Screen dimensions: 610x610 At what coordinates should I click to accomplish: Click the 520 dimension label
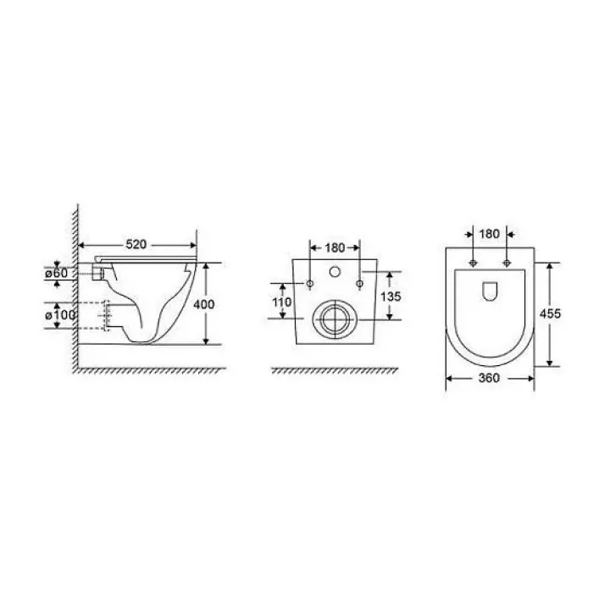(x=136, y=244)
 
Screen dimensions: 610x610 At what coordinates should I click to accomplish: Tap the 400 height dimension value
(x=204, y=304)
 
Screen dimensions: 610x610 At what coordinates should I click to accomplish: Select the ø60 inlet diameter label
(x=57, y=273)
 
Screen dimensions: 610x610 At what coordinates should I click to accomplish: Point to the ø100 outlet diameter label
(x=60, y=315)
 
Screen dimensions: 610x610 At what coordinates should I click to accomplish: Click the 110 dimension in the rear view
(x=282, y=302)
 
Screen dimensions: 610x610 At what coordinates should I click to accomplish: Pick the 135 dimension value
(x=391, y=297)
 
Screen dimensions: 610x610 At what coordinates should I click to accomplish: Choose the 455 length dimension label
(x=550, y=313)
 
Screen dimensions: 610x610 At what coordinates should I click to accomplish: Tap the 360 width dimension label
(x=489, y=378)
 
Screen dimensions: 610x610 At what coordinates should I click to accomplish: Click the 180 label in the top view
(x=490, y=234)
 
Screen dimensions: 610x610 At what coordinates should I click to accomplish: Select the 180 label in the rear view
(x=335, y=247)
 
